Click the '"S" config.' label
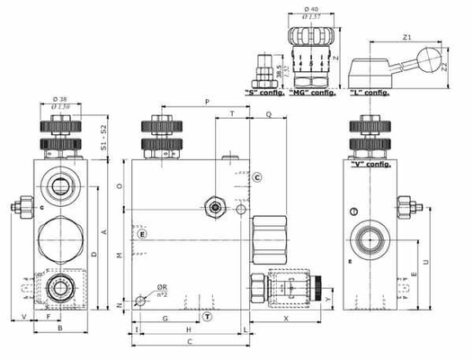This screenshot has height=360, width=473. click(264, 92)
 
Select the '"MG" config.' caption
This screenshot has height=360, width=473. click(309, 92)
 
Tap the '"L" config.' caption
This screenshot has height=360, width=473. click(370, 92)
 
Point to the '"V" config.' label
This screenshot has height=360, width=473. click(369, 165)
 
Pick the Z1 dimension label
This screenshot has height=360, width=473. click(406, 39)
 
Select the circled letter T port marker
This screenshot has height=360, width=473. click(207, 317)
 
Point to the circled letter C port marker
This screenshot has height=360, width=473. click(256, 177)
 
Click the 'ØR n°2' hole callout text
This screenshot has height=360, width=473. click(163, 291)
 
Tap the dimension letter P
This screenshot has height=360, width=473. click(207, 103)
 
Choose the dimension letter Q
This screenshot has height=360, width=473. click(270, 114)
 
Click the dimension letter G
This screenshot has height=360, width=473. click(166, 319)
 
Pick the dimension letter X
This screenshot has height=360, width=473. click(286, 319)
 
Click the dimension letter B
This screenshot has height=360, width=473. click(60, 328)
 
